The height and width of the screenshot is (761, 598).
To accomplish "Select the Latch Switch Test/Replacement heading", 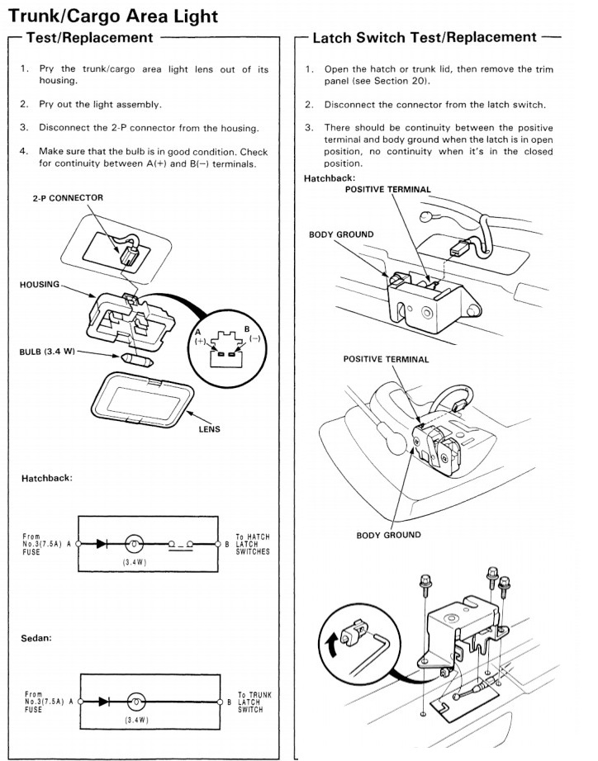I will pos(425,37).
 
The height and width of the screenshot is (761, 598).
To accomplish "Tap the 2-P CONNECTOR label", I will pos(68,198).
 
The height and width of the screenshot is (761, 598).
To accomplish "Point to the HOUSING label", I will pos(40,285).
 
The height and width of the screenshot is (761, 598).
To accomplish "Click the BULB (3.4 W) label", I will pos(48,352).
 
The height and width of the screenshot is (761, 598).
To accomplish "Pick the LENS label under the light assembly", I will pos(209,429).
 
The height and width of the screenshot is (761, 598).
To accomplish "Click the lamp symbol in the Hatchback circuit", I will pos(134,545).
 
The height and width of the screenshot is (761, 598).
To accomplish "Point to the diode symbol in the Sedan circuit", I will pos(104,702).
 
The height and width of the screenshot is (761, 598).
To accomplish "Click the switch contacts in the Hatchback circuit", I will pos(180,545).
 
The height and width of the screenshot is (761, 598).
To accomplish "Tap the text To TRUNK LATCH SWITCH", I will pos(254,702).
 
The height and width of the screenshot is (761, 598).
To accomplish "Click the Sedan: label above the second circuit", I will pos(38,638).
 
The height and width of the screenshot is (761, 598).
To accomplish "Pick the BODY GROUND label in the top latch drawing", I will pos(341,234).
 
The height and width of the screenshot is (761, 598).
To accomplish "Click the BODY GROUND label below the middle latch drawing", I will pos(388,535).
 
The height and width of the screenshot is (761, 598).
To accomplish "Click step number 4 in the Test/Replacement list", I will pos(23,152).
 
